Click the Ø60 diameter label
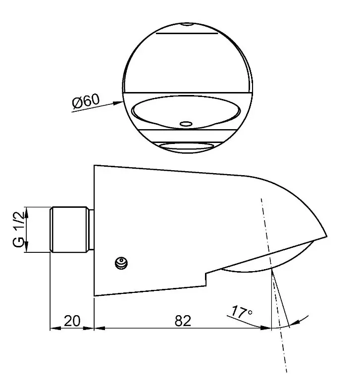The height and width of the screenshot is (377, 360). pyautogui.click(x=86, y=100)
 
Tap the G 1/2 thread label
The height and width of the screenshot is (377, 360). pyautogui.click(x=19, y=229)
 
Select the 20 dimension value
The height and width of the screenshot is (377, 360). pyautogui.click(x=72, y=321)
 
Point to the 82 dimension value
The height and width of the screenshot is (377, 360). pyautogui.click(x=183, y=321)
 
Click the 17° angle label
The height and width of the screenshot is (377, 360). pyautogui.click(x=242, y=312)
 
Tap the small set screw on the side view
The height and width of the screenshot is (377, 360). pyautogui.click(x=121, y=263)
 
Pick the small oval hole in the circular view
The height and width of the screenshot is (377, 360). pyautogui.click(x=186, y=124)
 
